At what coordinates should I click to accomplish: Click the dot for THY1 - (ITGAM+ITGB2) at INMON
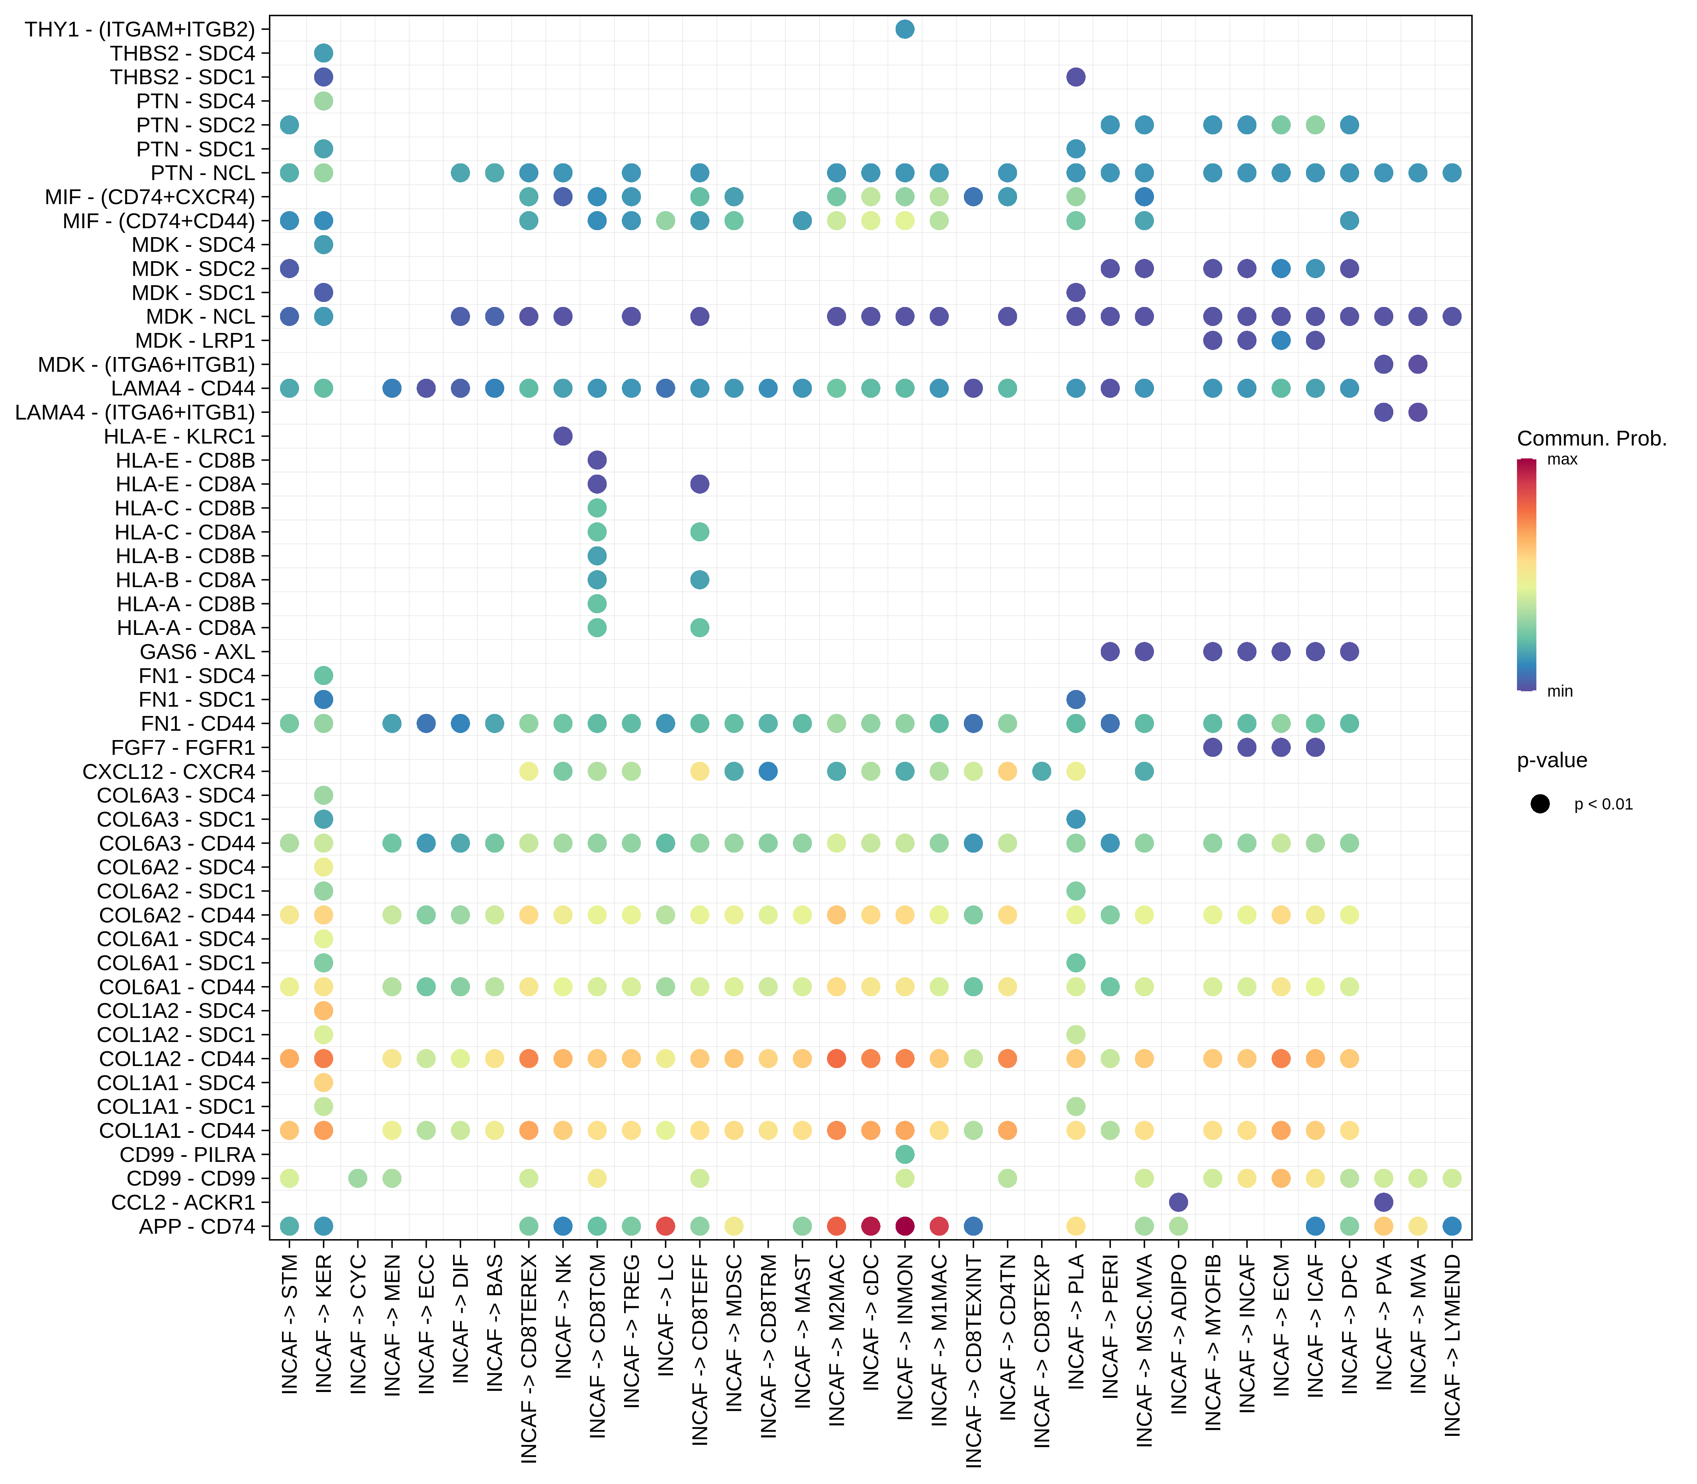point(905,29)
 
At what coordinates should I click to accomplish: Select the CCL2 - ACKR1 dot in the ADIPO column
point(1179,1201)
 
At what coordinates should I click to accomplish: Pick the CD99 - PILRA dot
point(905,1154)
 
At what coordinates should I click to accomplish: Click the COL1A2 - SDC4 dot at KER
point(323,1010)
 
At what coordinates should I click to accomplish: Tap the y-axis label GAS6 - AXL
point(197,652)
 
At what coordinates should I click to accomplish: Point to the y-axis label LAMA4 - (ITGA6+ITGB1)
point(135,413)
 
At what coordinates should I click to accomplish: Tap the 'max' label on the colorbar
point(1562,459)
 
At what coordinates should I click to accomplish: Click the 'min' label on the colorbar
point(1560,691)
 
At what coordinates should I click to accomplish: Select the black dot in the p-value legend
point(1540,803)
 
